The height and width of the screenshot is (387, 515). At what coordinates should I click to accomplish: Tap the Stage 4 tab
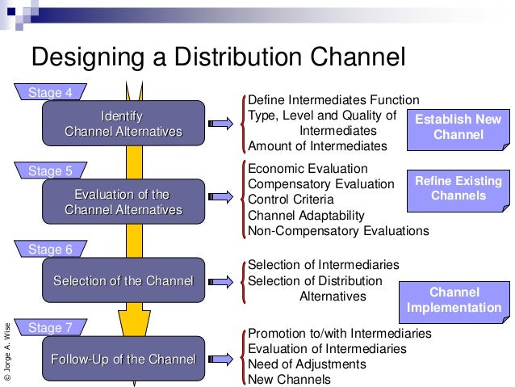[50, 92]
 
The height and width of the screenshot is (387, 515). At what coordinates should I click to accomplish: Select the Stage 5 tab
[50, 170]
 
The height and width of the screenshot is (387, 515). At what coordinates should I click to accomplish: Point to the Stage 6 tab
[50, 249]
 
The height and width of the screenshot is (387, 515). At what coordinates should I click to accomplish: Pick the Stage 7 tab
[50, 327]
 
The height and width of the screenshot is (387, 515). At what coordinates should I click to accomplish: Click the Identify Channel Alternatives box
[123, 123]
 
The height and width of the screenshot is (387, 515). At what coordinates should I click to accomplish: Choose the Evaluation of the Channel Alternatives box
[123, 202]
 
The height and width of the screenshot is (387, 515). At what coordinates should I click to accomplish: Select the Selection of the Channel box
[123, 281]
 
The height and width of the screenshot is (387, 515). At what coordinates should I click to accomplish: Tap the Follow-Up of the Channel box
[123, 360]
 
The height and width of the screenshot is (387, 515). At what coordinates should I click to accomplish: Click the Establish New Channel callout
[458, 128]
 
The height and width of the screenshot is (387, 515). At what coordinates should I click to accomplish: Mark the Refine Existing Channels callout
[458, 188]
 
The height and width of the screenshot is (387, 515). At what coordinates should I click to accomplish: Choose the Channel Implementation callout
[454, 300]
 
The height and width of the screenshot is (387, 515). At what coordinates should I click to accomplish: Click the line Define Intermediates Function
[333, 99]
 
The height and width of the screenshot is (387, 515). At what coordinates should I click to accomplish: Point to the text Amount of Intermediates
[317, 146]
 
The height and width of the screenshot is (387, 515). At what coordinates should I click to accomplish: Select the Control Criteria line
[294, 200]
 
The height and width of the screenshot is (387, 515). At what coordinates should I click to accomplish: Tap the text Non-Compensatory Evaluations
[338, 231]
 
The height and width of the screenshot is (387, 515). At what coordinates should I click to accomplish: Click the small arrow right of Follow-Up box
[218, 360]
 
